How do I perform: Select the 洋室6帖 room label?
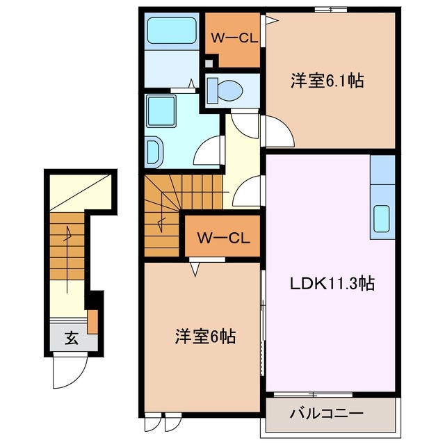tap(204, 337)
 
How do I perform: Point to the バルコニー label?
tap(326, 413)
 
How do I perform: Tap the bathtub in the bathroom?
tap(172, 32)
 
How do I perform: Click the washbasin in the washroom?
tap(154, 149)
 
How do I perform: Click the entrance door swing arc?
tap(70, 370)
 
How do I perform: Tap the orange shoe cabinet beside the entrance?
tap(92, 321)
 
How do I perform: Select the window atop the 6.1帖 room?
tap(330, 9)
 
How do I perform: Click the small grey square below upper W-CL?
tap(210, 65)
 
